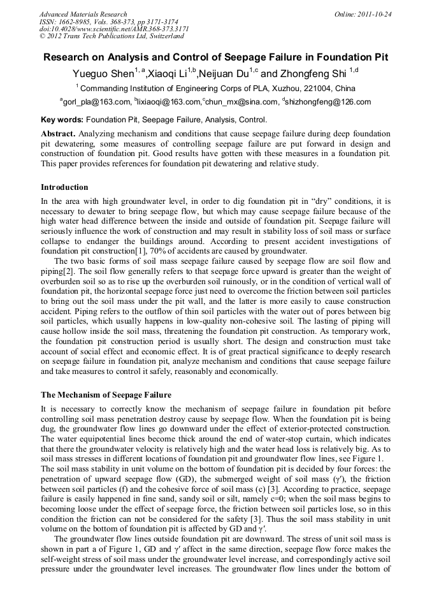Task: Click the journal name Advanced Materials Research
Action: coord(83,13)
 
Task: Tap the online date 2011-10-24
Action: coord(373,13)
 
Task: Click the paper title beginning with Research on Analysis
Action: coord(215,57)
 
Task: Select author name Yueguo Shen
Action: coord(100,73)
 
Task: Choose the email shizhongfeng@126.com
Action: coord(329,102)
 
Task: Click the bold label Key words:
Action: coord(62,120)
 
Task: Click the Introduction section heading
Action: coord(64,187)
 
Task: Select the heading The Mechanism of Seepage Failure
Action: coord(106,395)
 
